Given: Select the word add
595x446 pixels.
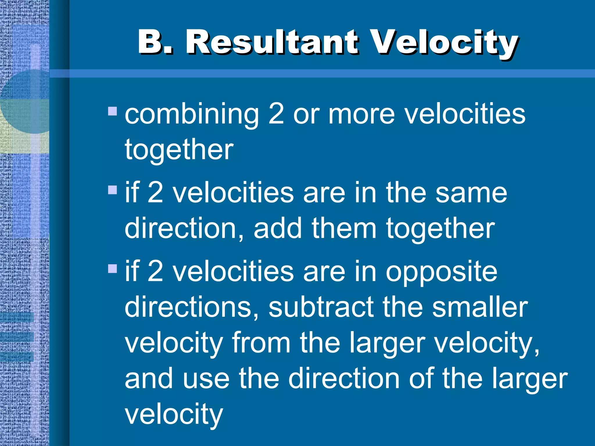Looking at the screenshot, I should [277, 229].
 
